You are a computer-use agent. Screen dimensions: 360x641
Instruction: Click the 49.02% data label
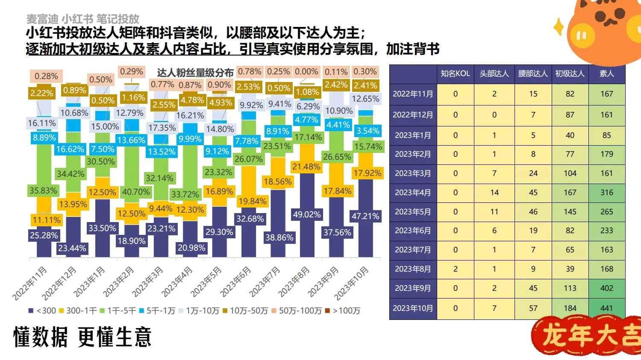(x=306, y=214)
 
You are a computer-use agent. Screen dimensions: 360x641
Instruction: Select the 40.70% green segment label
(x=136, y=192)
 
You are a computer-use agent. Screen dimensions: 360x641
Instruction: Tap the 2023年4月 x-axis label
(x=177, y=281)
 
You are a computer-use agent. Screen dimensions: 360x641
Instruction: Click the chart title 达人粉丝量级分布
(x=195, y=73)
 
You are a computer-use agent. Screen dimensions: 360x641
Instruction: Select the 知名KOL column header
(x=455, y=73)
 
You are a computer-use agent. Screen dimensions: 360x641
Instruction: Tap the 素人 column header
(x=606, y=73)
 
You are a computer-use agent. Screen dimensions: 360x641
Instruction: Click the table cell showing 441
(x=606, y=308)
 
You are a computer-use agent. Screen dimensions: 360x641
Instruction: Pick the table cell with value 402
(x=606, y=288)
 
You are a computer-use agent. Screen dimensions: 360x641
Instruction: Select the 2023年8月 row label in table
(x=412, y=269)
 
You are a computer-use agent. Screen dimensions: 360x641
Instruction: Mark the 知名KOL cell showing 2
(x=455, y=269)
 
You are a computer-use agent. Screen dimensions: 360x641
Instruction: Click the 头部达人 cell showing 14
(x=494, y=193)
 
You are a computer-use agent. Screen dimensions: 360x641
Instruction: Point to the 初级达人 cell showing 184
(x=570, y=308)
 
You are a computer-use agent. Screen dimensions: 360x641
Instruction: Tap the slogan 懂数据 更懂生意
(x=82, y=337)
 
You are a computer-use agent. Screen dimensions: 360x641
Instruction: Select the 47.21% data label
(x=365, y=216)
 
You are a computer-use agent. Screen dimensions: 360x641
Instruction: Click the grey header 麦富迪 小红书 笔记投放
(x=83, y=19)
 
